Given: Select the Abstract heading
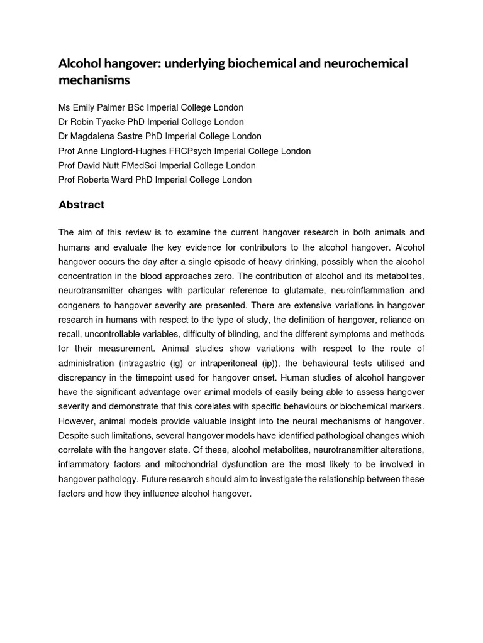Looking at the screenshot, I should click(x=81, y=205).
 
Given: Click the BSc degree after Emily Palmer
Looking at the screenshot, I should click(x=136, y=107).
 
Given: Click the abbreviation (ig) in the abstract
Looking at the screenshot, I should click(x=193, y=363).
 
